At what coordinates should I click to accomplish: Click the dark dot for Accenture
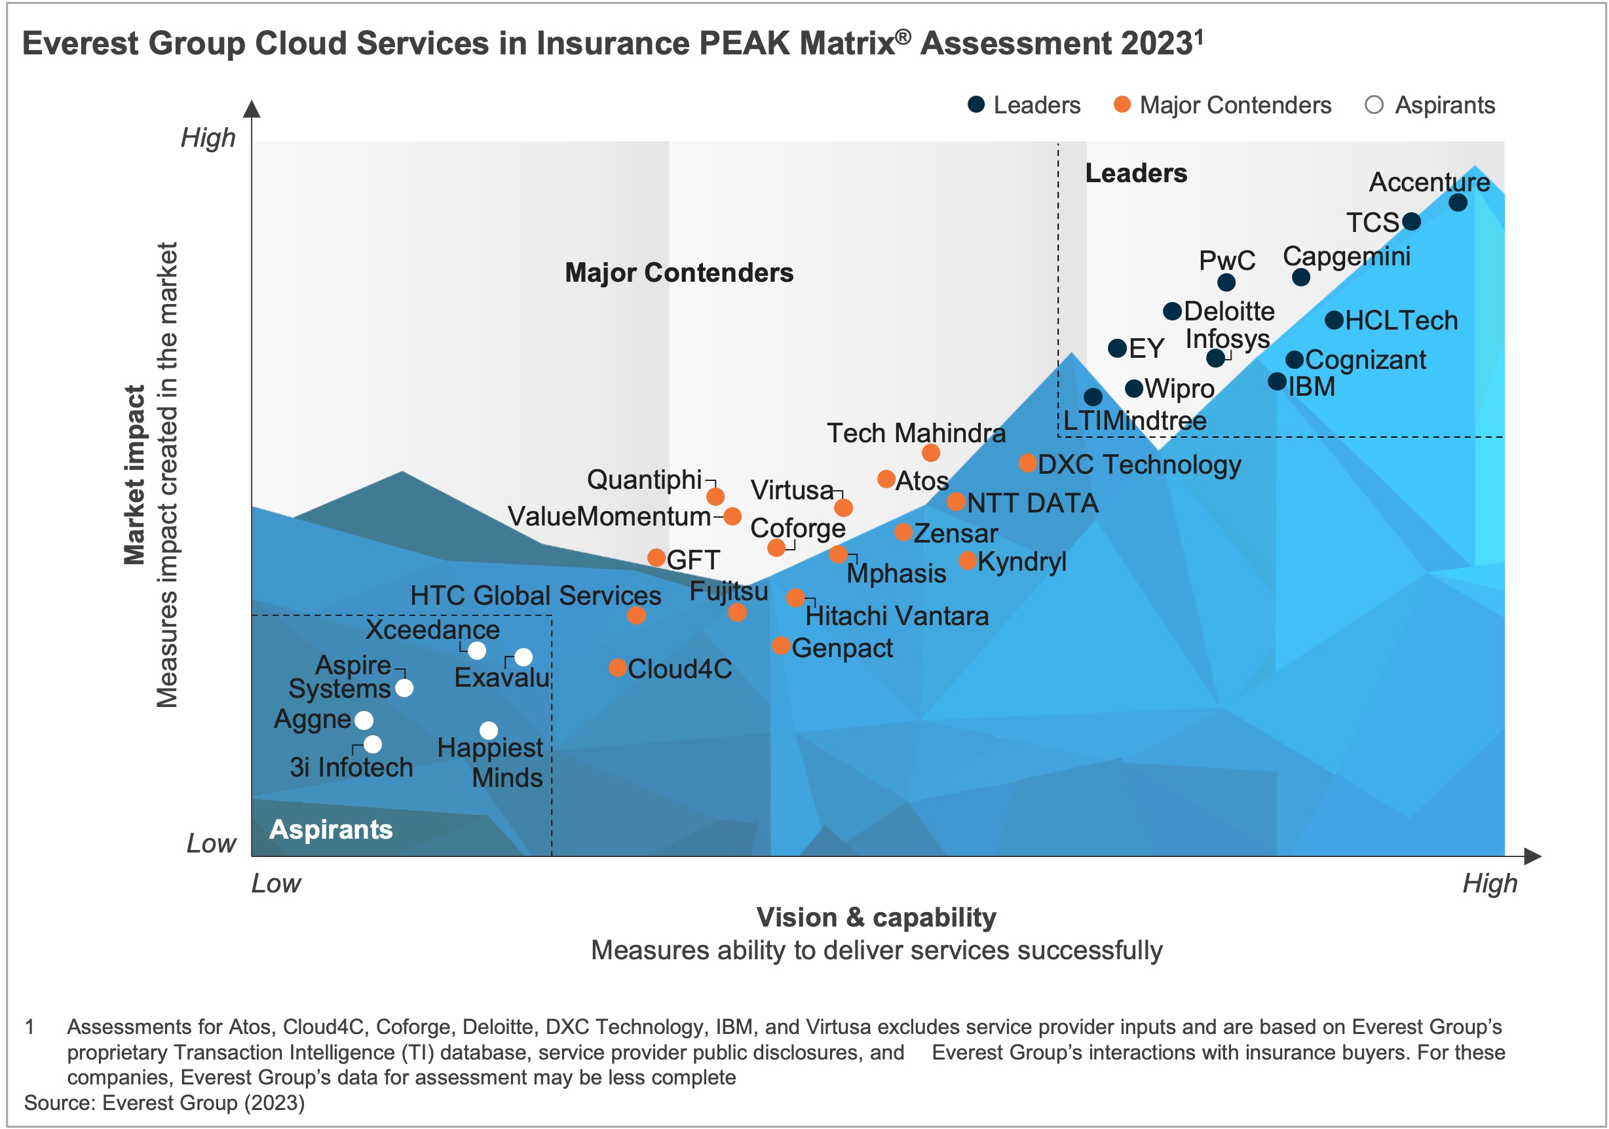(x=1458, y=202)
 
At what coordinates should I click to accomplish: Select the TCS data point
(x=1410, y=221)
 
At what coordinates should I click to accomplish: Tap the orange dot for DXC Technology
(x=1027, y=463)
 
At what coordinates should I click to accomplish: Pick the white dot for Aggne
(x=364, y=719)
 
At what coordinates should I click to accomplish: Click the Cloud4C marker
(x=617, y=667)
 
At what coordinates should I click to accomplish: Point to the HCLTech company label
(x=1401, y=320)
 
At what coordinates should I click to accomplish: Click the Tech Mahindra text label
(x=915, y=433)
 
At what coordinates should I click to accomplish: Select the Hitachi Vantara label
(x=896, y=616)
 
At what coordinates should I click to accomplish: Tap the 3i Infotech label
(x=351, y=767)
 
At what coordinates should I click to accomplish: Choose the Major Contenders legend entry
(x=1235, y=105)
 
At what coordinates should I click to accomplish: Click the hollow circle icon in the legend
(x=1374, y=105)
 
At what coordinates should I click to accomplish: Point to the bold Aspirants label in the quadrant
(x=331, y=829)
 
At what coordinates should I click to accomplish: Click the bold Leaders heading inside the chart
(x=1136, y=173)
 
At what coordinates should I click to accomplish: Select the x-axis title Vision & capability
(x=876, y=917)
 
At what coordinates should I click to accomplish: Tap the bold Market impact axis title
(x=134, y=474)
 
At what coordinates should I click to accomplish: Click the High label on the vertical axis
(x=208, y=138)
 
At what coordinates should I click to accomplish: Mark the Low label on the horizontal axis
(x=276, y=883)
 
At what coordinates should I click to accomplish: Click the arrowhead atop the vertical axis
(x=252, y=109)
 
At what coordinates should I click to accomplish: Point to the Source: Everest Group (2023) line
(x=164, y=1102)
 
